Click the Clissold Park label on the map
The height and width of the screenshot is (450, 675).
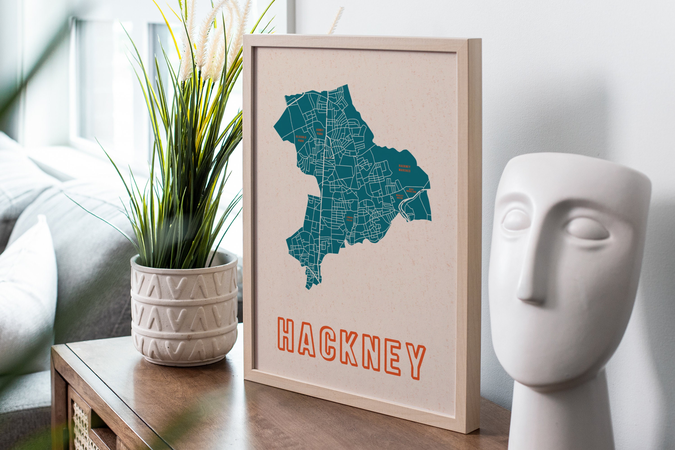(x=301, y=139)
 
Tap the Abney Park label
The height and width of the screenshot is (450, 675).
(x=319, y=132)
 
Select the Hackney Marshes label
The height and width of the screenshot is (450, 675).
(x=404, y=168)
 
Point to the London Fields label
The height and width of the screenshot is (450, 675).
(x=349, y=219)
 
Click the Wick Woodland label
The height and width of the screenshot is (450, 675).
(x=411, y=190)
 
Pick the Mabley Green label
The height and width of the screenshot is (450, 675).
(x=400, y=197)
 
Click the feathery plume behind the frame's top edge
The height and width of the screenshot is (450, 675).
(x=336, y=20)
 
